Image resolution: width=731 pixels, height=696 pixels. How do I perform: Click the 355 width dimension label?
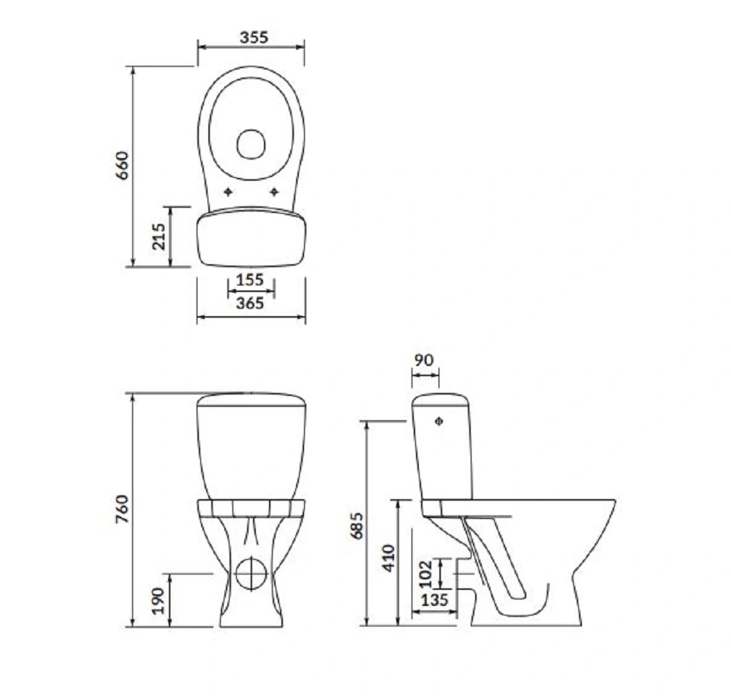[x=254, y=37]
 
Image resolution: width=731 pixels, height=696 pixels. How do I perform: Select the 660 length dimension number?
[x=122, y=165]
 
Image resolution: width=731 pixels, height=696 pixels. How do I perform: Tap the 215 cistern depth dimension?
[x=159, y=236]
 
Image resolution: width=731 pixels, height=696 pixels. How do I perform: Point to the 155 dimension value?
[x=250, y=280]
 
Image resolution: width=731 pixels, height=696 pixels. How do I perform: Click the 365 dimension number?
[x=250, y=303]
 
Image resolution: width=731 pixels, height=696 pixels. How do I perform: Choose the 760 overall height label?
[x=122, y=509]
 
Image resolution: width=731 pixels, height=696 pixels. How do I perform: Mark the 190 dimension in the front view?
[x=159, y=601]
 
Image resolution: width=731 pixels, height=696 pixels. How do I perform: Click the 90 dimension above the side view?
[x=424, y=360]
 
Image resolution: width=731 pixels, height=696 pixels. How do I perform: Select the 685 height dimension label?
[x=357, y=525]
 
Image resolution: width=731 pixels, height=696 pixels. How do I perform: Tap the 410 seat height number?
[x=389, y=558]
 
